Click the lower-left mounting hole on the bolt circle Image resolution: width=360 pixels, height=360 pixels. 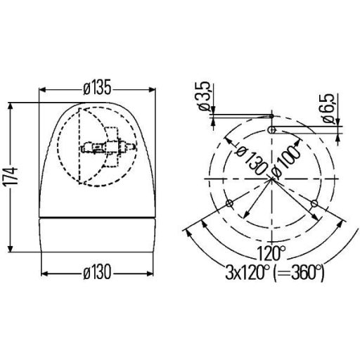[x=230, y=204]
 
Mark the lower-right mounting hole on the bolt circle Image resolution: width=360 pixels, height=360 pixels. [x=314, y=204]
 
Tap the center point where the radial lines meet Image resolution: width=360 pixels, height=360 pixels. [x=272, y=179]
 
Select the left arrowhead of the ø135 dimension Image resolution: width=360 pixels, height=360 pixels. [x=42, y=90]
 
